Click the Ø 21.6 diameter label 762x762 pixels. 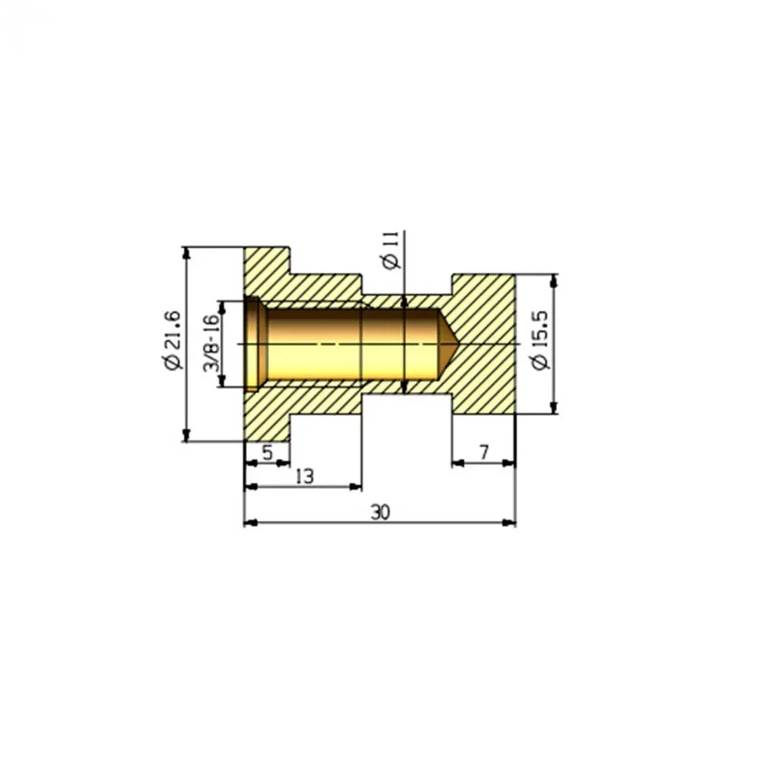point(173,341)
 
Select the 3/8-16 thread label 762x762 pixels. point(211,343)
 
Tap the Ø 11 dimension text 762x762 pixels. point(391,250)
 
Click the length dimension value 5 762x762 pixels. point(267,452)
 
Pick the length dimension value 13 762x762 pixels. point(305,476)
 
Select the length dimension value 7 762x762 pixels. point(484,452)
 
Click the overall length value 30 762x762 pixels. point(380,512)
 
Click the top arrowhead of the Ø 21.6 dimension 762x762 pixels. point(185,252)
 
